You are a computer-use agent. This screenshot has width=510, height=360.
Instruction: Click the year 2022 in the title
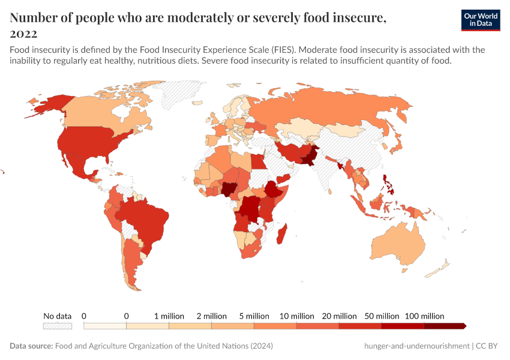point(23,34)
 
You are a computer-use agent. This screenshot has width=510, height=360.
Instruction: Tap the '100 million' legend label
point(424,316)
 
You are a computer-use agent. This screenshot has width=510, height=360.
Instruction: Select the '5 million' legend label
point(254,316)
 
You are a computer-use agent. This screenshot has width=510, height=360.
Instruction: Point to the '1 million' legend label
point(169,316)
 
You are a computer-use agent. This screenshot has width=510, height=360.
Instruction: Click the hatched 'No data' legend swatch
point(57,326)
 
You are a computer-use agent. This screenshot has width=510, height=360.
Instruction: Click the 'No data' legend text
point(57,316)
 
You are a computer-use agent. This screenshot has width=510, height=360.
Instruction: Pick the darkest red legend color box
point(444,326)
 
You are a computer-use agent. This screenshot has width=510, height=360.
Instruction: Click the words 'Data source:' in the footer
point(31,346)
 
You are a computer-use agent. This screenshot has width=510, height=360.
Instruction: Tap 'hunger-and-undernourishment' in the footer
point(416,346)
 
